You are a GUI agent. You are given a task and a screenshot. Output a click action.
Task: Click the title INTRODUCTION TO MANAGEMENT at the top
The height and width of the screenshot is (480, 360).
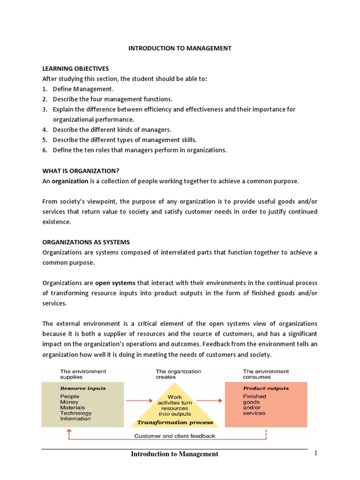point(180,48)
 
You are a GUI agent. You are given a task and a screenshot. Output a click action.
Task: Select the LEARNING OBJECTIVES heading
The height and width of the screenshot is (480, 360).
point(75,68)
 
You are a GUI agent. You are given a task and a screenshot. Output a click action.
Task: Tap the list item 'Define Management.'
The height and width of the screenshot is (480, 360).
point(83,89)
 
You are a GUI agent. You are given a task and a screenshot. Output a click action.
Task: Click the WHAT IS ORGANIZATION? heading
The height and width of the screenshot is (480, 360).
point(84,171)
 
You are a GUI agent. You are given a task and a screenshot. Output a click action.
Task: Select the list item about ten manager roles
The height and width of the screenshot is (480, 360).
point(140,150)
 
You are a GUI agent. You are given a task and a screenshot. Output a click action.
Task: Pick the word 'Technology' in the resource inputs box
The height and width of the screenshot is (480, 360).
point(76,413)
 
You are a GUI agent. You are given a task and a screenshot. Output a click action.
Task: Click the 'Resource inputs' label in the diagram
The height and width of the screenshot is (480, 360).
point(82,388)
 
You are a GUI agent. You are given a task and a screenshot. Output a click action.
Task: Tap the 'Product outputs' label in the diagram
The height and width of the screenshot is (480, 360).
point(266,388)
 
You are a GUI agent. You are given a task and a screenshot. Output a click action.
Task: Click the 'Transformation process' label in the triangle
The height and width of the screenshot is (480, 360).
point(175,422)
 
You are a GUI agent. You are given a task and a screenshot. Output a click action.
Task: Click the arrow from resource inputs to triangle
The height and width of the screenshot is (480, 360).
point(140,401)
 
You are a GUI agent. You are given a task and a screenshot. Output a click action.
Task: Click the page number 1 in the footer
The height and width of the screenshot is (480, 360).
point(316,453)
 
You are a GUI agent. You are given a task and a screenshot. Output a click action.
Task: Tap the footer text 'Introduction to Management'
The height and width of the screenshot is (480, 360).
point(174,454)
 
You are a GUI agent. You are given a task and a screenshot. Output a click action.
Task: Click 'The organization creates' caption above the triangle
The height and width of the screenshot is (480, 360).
point(178,374)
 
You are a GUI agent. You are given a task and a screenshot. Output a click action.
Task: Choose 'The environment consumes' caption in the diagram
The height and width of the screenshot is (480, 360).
point(265,374)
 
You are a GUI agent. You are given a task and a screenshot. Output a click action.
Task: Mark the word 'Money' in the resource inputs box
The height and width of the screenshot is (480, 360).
point(69,402)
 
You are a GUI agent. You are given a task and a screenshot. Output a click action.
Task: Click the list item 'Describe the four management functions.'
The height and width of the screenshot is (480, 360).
point(112,99)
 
